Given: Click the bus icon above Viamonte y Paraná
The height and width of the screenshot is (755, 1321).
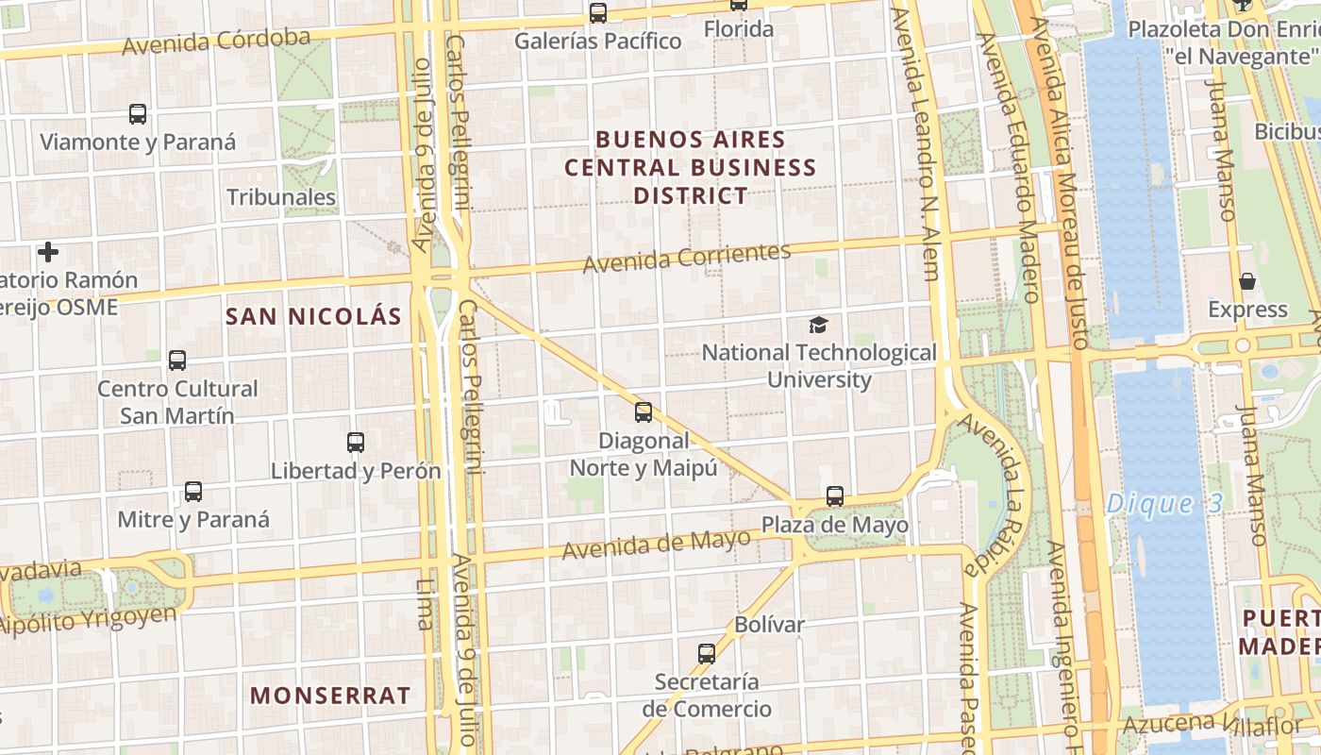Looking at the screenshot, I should coord(138,114).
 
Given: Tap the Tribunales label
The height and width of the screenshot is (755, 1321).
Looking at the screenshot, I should coord(281,197).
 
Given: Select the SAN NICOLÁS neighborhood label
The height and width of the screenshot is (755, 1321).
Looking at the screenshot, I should coord(314,316).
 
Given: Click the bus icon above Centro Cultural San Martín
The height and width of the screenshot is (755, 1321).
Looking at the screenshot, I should coord(177,360).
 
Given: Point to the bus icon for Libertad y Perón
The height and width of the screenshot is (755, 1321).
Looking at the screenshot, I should coord(356,442).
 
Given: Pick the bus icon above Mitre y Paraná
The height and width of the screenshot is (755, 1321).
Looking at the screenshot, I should coord(193,491).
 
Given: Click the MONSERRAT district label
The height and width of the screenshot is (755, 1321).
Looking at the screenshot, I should coord(330,696).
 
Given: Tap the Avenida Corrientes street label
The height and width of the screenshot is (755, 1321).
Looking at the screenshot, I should coord(686,258).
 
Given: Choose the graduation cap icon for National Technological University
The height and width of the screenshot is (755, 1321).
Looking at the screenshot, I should coord(818,326).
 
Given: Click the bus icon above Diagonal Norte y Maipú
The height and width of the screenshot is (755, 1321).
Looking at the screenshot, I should coord(644,411).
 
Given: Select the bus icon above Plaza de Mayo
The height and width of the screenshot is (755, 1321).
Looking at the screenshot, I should coord(835,495).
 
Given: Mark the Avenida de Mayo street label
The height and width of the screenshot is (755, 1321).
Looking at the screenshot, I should coord(657,545).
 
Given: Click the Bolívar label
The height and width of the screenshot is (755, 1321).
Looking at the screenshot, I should coord(769,625).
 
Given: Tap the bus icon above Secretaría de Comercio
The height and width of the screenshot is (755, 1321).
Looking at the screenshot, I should coord(707,653).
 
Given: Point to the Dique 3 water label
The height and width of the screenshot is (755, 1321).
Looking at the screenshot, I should coord(1164,503).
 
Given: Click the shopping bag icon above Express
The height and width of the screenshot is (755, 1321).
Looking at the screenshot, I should coord(1247,281).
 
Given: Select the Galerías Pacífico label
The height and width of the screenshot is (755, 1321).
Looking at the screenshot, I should coord(598,42).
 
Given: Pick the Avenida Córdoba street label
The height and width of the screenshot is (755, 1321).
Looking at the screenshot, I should coord(216,42).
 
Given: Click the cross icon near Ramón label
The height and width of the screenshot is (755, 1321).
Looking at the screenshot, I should coord(48,252).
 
